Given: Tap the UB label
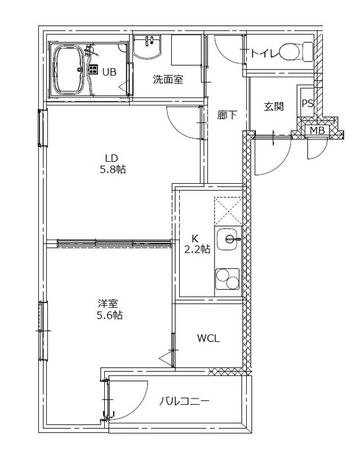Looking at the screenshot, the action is click(109, 72).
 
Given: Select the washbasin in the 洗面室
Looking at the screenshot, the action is click(147, 47).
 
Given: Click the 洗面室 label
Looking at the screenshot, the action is click(168, 79).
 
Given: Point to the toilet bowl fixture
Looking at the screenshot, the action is click(297, 52).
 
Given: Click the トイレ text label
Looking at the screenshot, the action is click(265, 54).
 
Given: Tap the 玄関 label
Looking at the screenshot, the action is click(274, 107).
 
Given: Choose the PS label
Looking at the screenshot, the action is click(308, 104).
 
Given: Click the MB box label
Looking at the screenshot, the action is click(317, 131).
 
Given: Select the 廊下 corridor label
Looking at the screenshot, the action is click(227, 115).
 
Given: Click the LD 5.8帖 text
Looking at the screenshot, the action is click(113, 163).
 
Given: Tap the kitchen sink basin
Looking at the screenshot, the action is click(228, 239).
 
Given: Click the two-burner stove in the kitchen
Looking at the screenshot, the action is click(228, 278).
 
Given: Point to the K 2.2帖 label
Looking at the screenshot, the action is click(197, 244).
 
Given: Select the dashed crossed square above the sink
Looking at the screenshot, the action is click(228, 211).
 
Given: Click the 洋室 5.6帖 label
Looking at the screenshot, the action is click(109, 309).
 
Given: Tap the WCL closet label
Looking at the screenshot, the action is click(208, 338).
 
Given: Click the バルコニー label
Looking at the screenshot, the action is click(184, 401).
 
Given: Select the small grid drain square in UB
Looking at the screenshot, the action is click(92, 69).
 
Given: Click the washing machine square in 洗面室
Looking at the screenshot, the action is click(186, 50).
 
